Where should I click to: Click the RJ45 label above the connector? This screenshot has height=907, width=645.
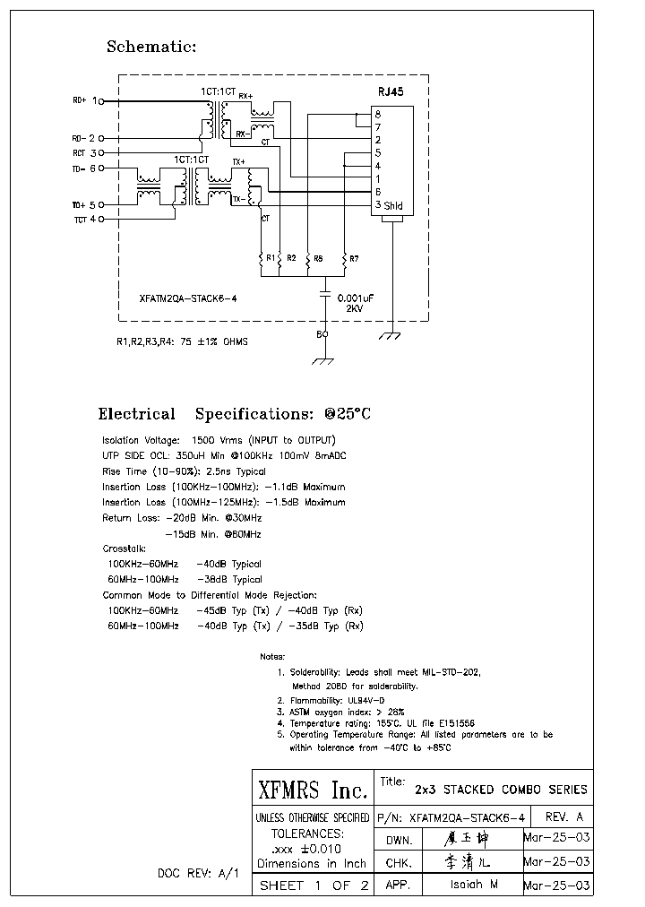[391, 92]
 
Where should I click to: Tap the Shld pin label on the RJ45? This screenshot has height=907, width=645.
[393, 206]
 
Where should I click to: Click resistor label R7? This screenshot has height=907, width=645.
[354, 259]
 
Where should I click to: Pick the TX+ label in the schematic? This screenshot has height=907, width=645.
[238, 162]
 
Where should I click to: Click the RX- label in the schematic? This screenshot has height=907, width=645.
[242, 133]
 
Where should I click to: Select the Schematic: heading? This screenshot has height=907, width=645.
[151, 47]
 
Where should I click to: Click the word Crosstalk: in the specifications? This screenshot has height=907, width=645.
[125, 549]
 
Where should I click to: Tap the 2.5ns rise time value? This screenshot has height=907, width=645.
[222, 471]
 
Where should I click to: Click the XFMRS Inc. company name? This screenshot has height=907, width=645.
[312, 790]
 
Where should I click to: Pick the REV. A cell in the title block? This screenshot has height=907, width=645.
[563, 816]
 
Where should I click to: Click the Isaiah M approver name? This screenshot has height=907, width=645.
[474, 884]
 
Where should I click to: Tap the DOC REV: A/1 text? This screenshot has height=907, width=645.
[198, 872]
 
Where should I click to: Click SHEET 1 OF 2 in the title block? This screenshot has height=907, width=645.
[313, 885]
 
